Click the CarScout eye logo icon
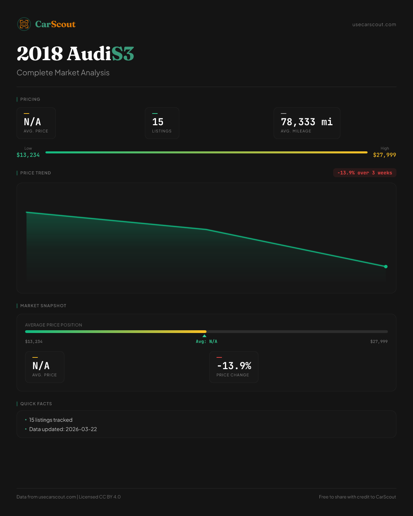(x=24, y=24)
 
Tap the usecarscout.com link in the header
(x=374, y=24)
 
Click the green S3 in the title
(x=123, y=54)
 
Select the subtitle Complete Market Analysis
(x=63, y=73)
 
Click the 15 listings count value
(x=158, y=122)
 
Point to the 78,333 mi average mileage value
(x=307, y=122)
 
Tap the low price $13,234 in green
(x=28, y=155)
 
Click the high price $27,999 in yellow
(x=384, y=155)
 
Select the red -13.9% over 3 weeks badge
(x=364, y=173)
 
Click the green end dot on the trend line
(x=386, y=267)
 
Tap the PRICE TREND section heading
(x=35, y=173)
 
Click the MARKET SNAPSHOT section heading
(x=43, y=306)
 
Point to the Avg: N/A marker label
(x=206, y=342)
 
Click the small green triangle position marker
(x=204, y=336)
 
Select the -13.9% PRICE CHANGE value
(x=234, y=366)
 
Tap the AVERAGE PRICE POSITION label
(x=54, y=325)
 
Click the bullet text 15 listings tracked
(x=51, y=420)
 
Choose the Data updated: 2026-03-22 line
(x=63, y=429)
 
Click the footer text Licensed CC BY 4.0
(x=100, y=497)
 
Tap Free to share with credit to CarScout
(x=357, y=497)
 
